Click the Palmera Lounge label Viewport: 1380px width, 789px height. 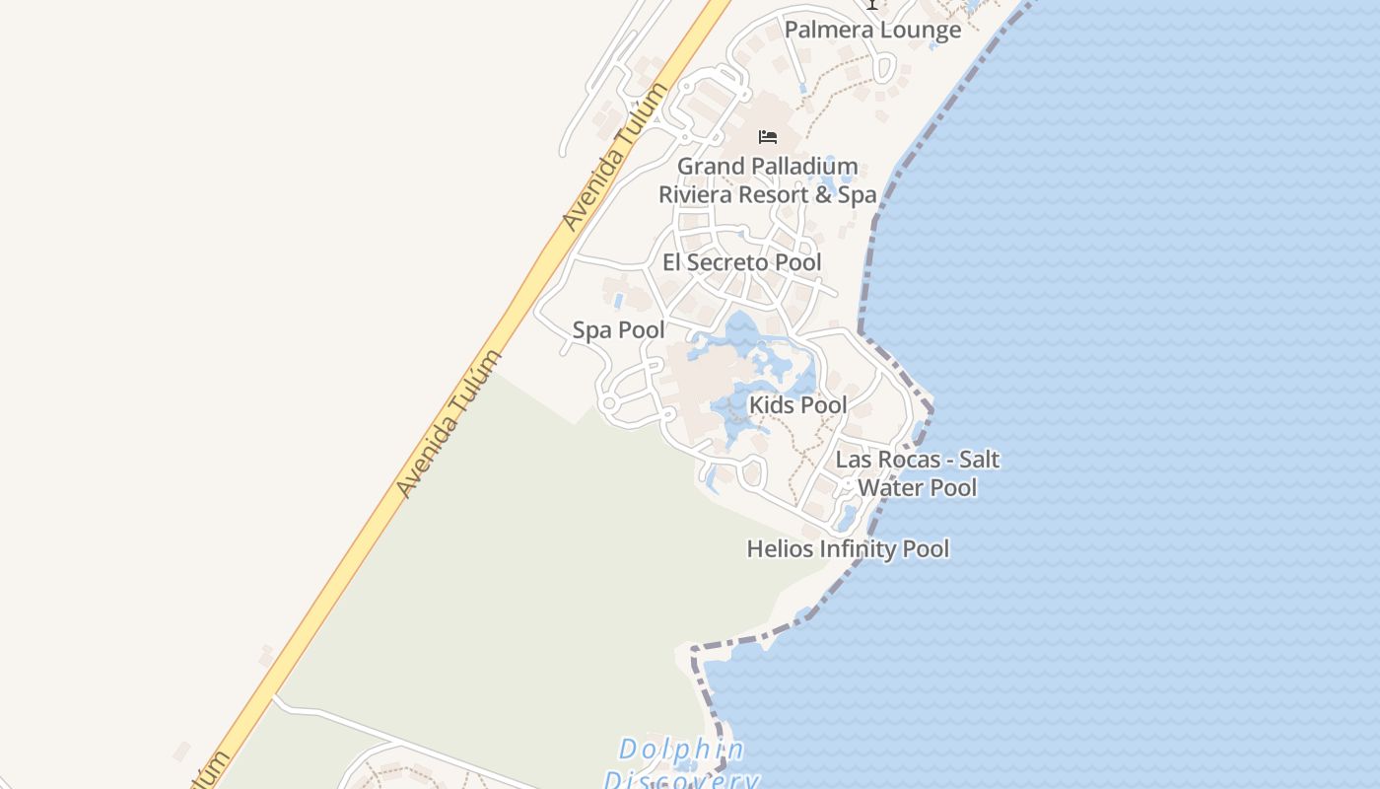tap(872, 30)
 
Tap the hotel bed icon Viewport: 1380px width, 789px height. tap(768, 136)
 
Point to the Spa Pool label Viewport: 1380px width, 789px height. tap(618, 330)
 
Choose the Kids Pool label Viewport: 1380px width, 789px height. tap(797, 404)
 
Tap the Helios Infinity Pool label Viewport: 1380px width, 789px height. tap(848, 548)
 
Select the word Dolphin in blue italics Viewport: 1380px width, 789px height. tap(681, 750)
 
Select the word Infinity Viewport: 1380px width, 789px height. tap(847, 548)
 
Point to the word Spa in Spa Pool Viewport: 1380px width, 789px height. tap(593, 330)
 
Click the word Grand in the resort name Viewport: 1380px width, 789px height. tap(706, 166)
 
